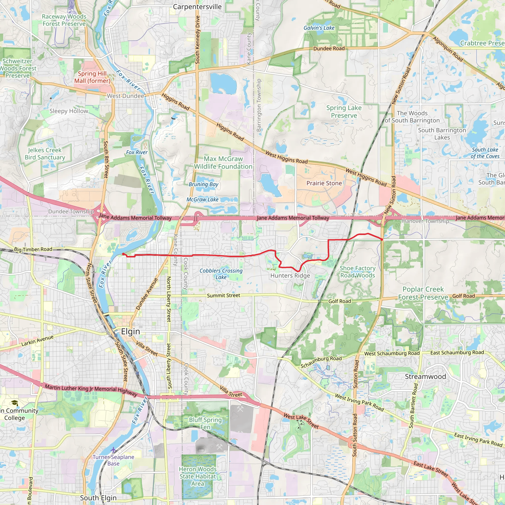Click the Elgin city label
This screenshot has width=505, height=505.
[130, 331]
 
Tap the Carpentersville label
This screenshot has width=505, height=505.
[197, 7]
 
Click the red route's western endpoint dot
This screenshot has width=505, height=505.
[123, 254]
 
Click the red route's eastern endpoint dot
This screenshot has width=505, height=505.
[382, 239]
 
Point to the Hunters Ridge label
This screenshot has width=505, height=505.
[290, 275]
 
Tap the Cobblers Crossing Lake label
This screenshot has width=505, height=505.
[221, 274]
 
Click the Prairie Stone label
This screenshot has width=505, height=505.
[324, 183]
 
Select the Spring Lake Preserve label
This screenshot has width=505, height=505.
[344, 112]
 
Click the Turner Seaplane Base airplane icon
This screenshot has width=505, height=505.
[113, 450]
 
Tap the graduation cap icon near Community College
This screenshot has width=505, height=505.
[15, 403]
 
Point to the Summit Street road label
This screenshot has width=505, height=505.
[223, 295]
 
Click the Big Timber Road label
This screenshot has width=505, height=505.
[33, 249]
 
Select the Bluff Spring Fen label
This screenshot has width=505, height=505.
[205, 423]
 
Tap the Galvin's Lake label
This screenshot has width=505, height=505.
[319, 28]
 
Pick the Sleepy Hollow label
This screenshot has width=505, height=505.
[69, 111]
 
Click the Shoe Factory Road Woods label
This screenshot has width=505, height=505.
[357, 271]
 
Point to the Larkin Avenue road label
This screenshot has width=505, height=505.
[37, 341]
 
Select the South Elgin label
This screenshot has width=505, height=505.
[98, 498]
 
